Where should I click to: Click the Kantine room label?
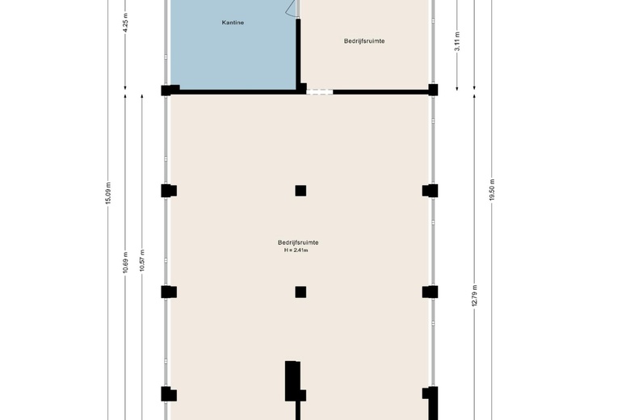click(233, 23)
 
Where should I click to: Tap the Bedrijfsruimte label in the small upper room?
click(364, 41)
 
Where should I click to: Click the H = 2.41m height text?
click(296, 250)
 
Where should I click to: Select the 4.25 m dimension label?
click(126, 24)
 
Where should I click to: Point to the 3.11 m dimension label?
click(457, 41)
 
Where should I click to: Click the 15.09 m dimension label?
click(108, 193)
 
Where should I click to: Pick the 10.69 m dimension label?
click(125, 262)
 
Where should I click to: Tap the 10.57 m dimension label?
click(142, 260)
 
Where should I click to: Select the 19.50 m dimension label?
click(492, 190)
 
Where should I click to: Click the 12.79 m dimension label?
click(474, 296)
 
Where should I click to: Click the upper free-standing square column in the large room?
click(300, 191)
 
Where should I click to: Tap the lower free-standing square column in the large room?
click(300, 292)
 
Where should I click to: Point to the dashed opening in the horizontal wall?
click(320, 92)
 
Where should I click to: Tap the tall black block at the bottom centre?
click(293, 381)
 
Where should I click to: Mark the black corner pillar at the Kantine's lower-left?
click(170, 90)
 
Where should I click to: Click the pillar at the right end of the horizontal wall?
click(433, 90)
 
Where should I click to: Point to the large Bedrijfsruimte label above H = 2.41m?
click(298, 242)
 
